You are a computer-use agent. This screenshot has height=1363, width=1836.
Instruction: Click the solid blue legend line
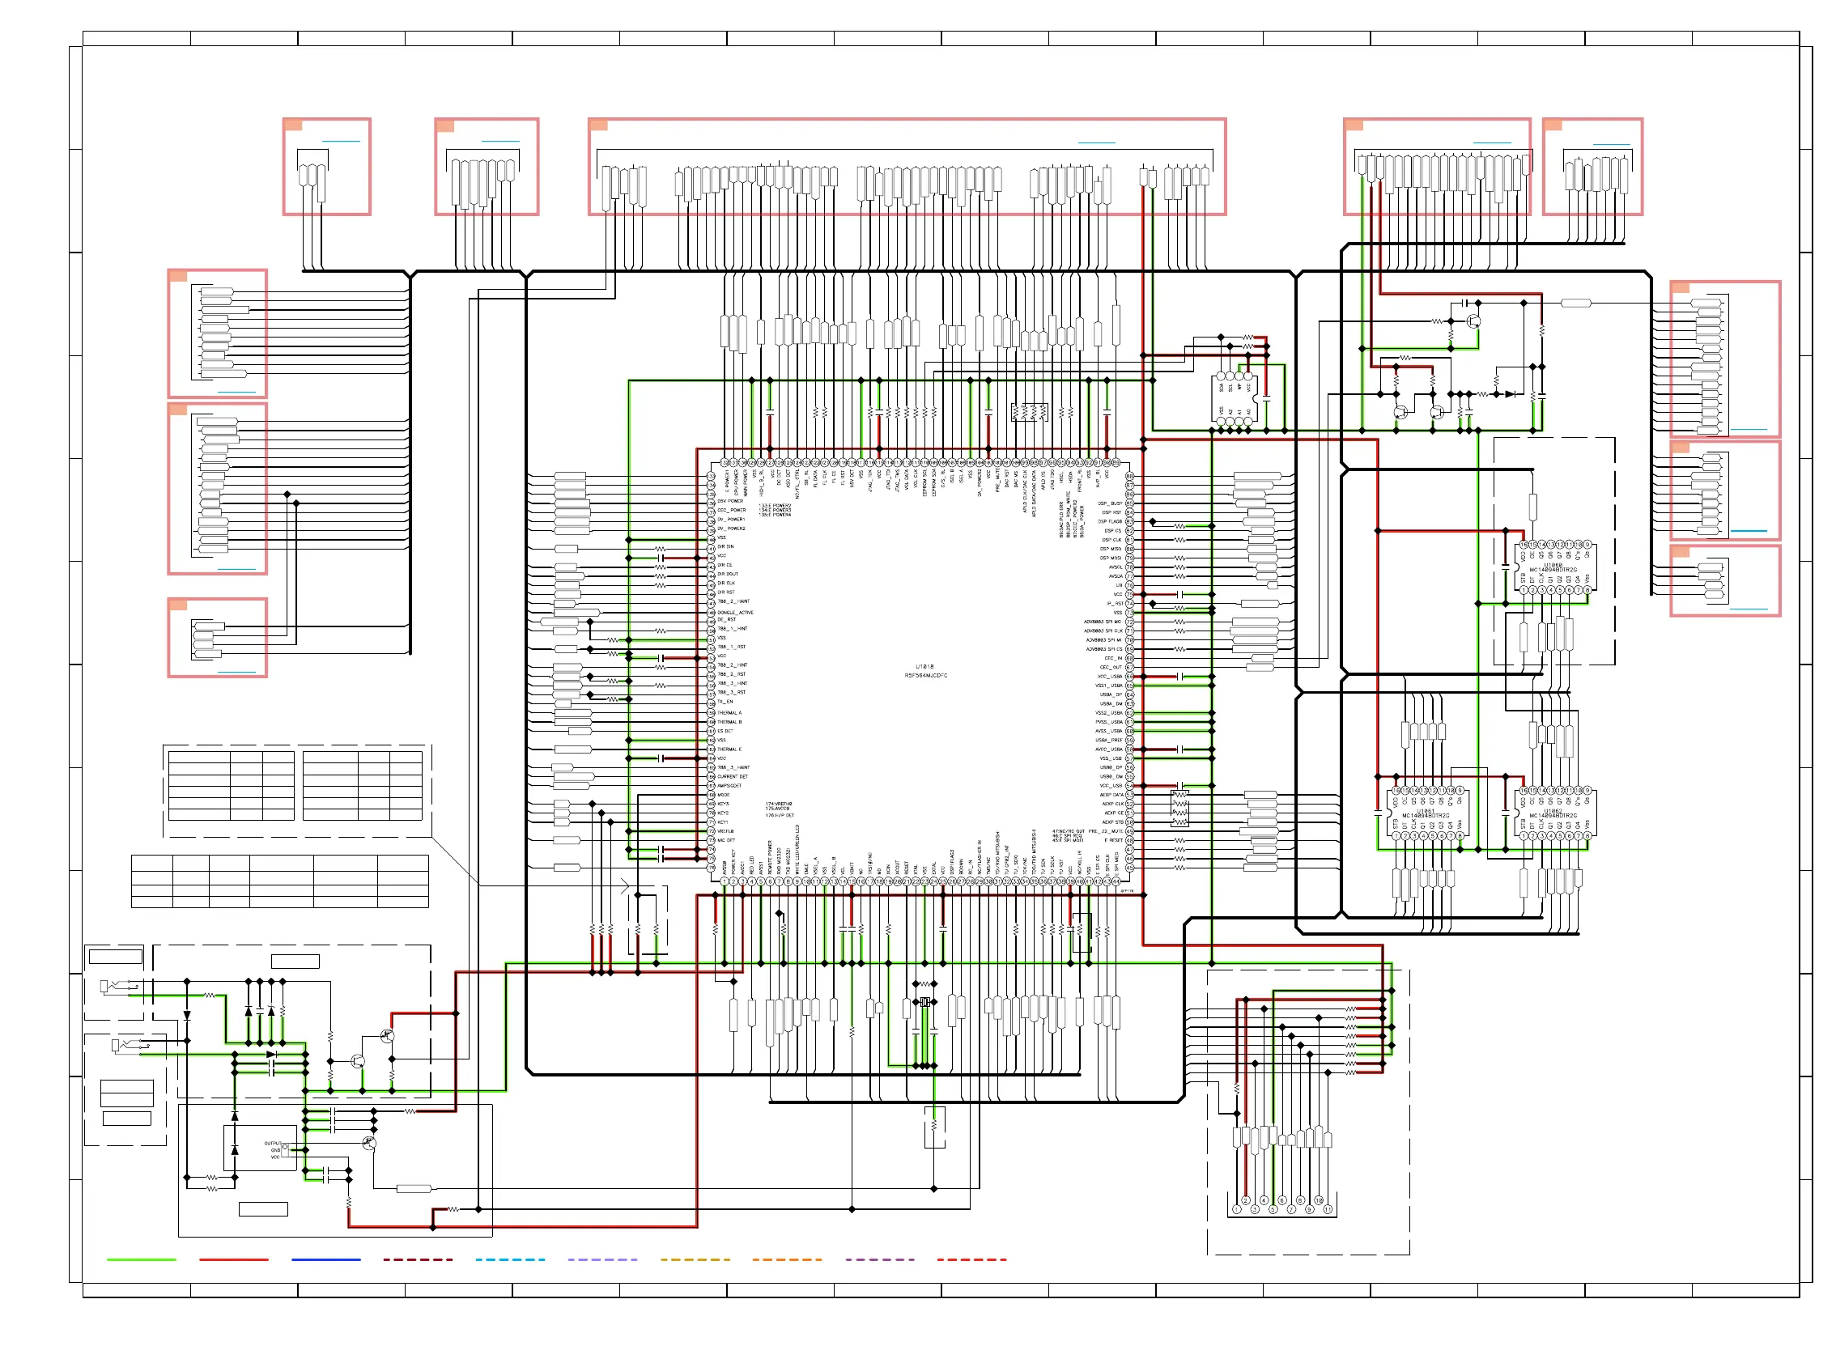[326, 1259]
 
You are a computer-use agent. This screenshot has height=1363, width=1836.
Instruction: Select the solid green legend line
[141, 1259]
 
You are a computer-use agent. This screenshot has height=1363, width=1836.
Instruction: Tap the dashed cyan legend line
[510, 1259]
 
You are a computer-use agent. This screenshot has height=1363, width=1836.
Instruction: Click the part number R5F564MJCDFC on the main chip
[926, 676]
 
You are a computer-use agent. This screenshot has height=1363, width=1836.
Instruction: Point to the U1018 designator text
[925, 666]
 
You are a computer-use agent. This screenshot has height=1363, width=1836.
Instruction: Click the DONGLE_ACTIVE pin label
[735, 612]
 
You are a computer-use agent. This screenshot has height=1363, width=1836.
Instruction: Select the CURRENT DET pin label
[733, 776]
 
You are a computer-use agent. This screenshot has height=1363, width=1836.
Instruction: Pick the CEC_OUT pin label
[1111, 667]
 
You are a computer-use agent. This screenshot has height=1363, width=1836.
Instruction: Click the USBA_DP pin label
[1111, 694]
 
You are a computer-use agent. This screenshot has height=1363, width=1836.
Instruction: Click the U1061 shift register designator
[1425, 810]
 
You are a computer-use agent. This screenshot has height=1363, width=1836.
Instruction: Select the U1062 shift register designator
[1553, 810]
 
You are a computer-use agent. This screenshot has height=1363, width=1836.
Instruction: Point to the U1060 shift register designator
[1553, 565]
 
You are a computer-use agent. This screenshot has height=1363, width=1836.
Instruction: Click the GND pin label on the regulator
[275, 1150]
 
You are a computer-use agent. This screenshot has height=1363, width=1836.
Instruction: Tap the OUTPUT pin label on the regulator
[272, 1144]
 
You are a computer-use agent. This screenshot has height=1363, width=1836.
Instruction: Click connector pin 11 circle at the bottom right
[1328, 1209]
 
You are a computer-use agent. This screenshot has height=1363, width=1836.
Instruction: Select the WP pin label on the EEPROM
[1239, 386]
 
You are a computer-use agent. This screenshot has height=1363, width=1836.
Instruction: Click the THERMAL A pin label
[729, 713]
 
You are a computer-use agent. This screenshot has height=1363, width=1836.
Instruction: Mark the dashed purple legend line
[880, 1259]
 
